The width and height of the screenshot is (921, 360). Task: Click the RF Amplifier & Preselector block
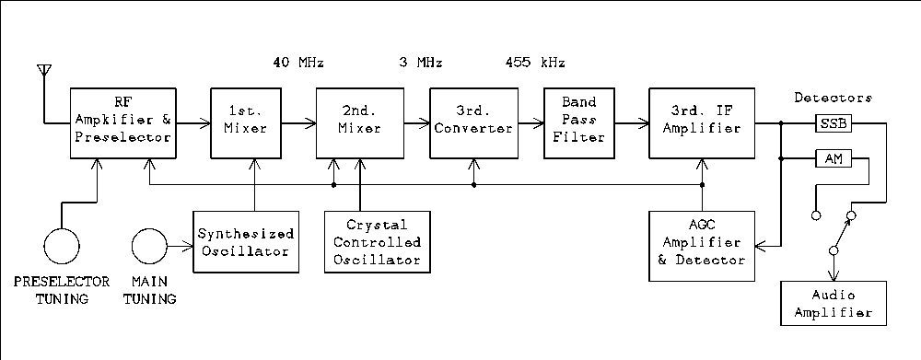(122, 122)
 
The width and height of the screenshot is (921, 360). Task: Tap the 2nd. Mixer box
(359, 122)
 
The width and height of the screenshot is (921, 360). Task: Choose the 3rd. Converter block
(474, 122)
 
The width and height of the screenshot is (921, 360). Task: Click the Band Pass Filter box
(580, 122)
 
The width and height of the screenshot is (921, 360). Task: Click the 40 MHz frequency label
(298, 64)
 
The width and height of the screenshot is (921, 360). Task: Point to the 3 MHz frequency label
(421, 64)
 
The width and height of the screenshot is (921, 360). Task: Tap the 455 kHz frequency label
(535, 64)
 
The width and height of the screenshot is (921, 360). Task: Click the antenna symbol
(41, 72)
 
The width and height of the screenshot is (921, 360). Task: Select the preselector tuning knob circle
(63, 247)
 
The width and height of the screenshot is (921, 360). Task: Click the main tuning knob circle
(149, 247)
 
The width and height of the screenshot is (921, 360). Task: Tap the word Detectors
(833, 97)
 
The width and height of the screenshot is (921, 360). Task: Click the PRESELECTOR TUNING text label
(62, 289)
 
